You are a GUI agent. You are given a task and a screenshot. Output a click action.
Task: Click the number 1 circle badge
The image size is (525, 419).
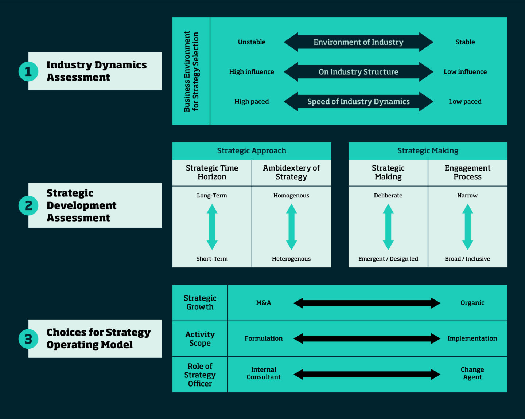(x=28, y=71)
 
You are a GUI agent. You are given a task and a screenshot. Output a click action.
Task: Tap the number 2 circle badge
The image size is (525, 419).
(x=28, y=205)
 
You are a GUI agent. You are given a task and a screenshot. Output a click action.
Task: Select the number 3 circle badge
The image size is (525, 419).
(x=28, y=339)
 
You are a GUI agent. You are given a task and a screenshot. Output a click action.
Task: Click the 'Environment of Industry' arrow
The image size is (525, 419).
(x=358, y=42)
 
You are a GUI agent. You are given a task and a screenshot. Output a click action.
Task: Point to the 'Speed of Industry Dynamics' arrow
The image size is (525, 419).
(x=358, y=102)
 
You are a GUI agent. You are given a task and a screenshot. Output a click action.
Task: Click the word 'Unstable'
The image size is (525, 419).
(x=252, y=42)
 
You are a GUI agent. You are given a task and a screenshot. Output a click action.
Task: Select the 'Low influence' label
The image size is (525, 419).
(x=465, y=72)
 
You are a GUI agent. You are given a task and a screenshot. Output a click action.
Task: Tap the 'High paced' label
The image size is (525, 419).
(x=252, y=102)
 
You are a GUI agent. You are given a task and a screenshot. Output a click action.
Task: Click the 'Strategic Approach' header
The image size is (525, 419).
(x=252, y=151)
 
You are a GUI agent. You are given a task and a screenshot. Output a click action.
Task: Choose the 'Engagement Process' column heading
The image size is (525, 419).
(x=467, y=172)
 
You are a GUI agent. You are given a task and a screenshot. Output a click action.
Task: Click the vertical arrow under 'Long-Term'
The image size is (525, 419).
(x=212, y=227)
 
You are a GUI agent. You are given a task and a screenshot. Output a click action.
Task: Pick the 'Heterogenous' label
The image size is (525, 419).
(x=291, y=259)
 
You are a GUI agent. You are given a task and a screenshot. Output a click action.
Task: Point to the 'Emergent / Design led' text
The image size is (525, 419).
(x=388, y=259)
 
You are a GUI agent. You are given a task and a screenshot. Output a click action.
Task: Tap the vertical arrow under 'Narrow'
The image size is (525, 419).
(x=467, y=227)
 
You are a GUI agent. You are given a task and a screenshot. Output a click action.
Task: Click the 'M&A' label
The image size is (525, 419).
(x=263, y=303)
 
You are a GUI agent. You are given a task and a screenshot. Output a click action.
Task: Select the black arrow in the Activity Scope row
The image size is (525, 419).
(x=367, y=338)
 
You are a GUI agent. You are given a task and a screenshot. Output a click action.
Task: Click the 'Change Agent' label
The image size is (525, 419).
(x=472, y=373)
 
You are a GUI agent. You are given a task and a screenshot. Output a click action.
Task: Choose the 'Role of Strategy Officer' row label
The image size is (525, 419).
(x=200, y=375)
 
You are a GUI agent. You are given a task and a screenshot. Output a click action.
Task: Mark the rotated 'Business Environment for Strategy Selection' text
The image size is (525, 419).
(x=191, y=71)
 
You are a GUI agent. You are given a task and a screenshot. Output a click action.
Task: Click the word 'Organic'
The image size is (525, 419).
(x=472, y=303)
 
